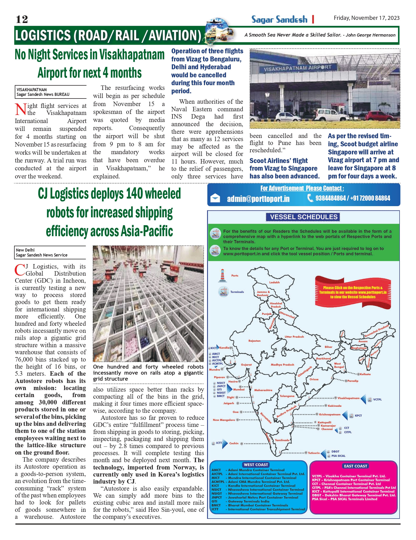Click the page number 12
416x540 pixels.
[x=22, y=19]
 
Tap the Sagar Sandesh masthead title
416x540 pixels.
[x=279, y=19]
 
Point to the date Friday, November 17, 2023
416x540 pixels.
[x=366, y=18]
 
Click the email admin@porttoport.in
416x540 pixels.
[x=258, y=199]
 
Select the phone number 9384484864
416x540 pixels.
[x=330, y=198]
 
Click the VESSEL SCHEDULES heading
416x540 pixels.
[x=304, y=217]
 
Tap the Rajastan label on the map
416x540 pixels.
[x=254, y=341]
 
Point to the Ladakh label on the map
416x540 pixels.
[x=274, y=282]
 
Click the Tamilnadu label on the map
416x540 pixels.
[x=282, y=440]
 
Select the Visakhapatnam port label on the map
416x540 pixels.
[x=348, y=398]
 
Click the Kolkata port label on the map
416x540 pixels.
[x=365, y=374]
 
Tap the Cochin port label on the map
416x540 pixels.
[x=234, y=443]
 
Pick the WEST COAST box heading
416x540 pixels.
[x=256, y=464]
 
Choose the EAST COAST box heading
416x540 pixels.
[x=355, y=466]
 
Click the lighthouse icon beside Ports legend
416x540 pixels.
[x=222, y=275]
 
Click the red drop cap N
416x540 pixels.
[x=20, y=109]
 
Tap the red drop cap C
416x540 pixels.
[x=20, y=270]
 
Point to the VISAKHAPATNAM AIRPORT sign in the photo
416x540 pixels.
[x=297, y=68]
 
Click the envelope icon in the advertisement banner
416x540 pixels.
[x=215, y=198]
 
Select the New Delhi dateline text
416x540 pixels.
[x=25, y=250]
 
